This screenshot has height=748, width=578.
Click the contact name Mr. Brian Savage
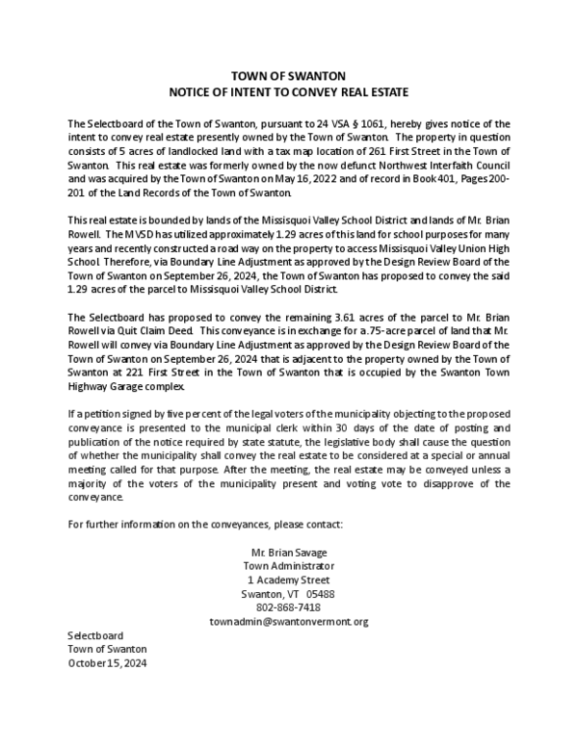pos(289,553)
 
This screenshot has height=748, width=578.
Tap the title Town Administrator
pos(289,566)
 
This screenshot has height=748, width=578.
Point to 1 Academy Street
pos(289,580)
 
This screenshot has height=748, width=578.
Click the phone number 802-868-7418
pos(289,607)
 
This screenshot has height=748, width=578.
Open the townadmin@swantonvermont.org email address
pos(289,622)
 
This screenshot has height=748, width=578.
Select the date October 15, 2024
pos(107,663)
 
